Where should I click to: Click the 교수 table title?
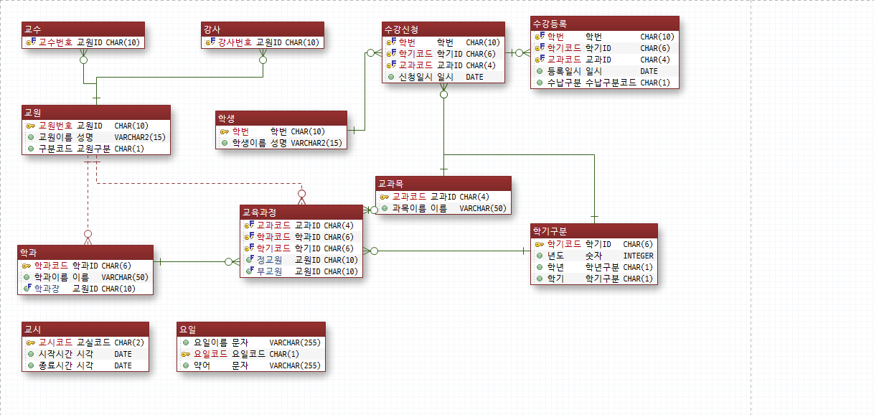[x=33, y=29]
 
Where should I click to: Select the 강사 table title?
[x=212, y=29]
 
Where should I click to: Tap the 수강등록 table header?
[x=550, y=24]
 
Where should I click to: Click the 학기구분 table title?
[x=550, y=231]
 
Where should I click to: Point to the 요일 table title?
[x=188, y=330]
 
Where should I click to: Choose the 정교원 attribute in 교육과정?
[x=269, y=260]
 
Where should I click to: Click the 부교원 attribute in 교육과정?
[x=269, y=271]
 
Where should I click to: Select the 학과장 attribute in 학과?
[x=47, y=289]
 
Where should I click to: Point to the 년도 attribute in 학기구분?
[x=555, y=256]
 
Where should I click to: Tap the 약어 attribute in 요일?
[x=202, y=365]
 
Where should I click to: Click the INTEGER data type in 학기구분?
[x=638, y=256]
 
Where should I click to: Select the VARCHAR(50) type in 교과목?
[x=483, y=208]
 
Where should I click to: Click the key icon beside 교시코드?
[x=31, y=343]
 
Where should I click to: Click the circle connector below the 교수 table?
[x=83, y=60]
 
